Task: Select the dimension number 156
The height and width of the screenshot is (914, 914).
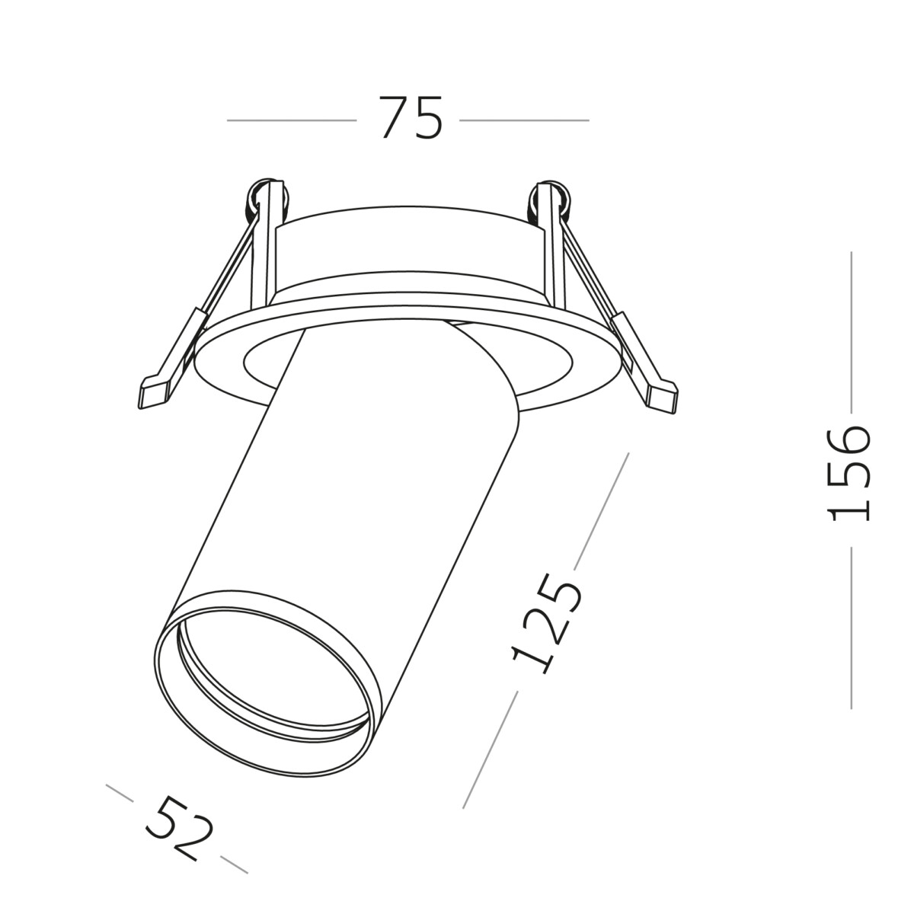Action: (x=848, y=473)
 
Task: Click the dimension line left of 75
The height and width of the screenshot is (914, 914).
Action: (x=291, y=120)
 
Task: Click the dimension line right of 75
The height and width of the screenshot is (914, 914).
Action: (x=524, y=120)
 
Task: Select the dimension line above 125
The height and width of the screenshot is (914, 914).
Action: (x=601, y=511)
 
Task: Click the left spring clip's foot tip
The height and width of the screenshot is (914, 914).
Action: (x=152, y=392)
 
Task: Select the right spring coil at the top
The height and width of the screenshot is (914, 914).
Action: (x=550, y=197)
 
